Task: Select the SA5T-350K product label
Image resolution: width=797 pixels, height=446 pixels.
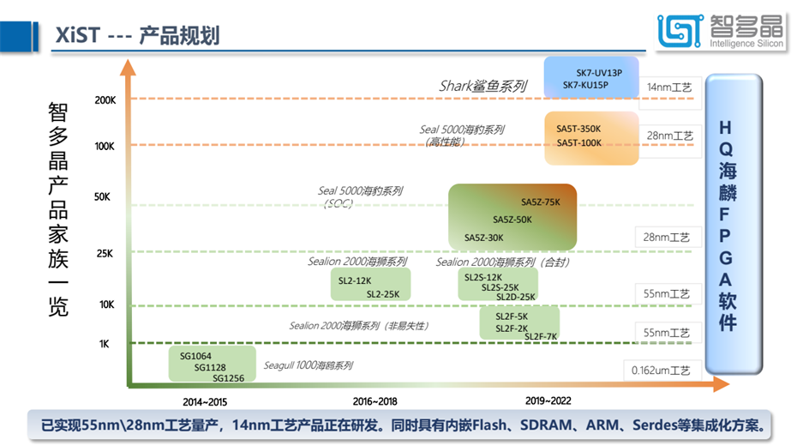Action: pos(578,129)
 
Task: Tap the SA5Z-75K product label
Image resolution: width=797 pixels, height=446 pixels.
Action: pos(540,202)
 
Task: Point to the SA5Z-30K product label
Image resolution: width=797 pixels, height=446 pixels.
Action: pos(483,238)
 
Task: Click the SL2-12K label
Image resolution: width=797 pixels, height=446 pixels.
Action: pos(355,280)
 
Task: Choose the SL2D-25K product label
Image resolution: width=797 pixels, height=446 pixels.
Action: pos(516,297)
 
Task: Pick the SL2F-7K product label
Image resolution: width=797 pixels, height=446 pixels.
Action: pos(541,336)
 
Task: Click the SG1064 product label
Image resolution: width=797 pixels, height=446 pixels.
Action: pos(195,355)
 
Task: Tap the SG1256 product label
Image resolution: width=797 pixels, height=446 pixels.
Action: pos(228,378)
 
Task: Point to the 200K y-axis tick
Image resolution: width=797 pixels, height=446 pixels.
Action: pos(105,100)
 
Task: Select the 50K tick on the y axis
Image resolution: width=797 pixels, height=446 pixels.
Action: pos(103,197)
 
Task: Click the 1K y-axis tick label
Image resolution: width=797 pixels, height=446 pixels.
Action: pos(104,344)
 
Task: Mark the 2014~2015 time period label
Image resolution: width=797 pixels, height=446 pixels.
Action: pos(205,401)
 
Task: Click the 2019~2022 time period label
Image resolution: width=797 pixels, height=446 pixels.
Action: pos(548,401)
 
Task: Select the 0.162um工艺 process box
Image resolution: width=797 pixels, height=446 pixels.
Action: pos(662,371)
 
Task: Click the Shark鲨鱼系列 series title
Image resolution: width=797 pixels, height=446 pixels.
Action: pos(482,87)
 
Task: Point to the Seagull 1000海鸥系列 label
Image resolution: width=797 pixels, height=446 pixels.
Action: pos(308,365)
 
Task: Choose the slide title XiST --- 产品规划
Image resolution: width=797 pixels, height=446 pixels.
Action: pos(137,35)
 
